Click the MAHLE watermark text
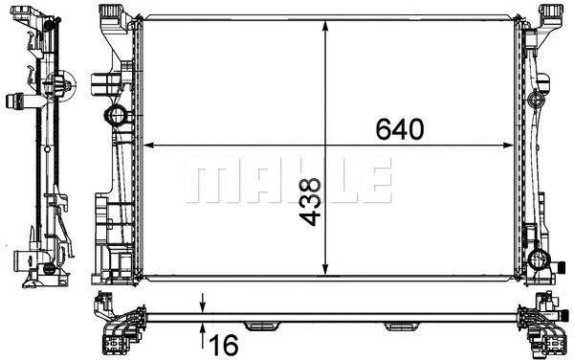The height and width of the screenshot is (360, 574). point(288,181)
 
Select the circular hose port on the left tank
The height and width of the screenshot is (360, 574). point(117,118)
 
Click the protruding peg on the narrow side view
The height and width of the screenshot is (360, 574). point(18,98)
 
